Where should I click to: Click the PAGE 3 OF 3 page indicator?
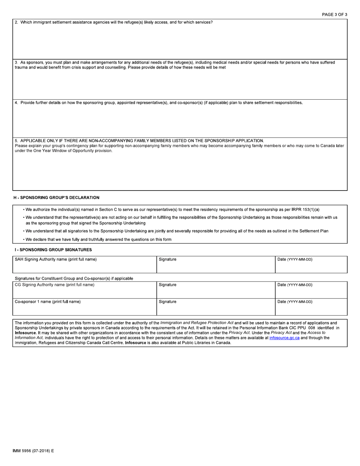click(x=334, y=14)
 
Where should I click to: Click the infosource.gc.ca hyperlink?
click(x=284, y=338)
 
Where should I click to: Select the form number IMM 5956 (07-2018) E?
click(x=33, y=451)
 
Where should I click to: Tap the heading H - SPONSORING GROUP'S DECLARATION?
click(x=56, y=197)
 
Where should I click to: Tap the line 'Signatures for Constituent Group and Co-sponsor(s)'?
click(x=74, y=278)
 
